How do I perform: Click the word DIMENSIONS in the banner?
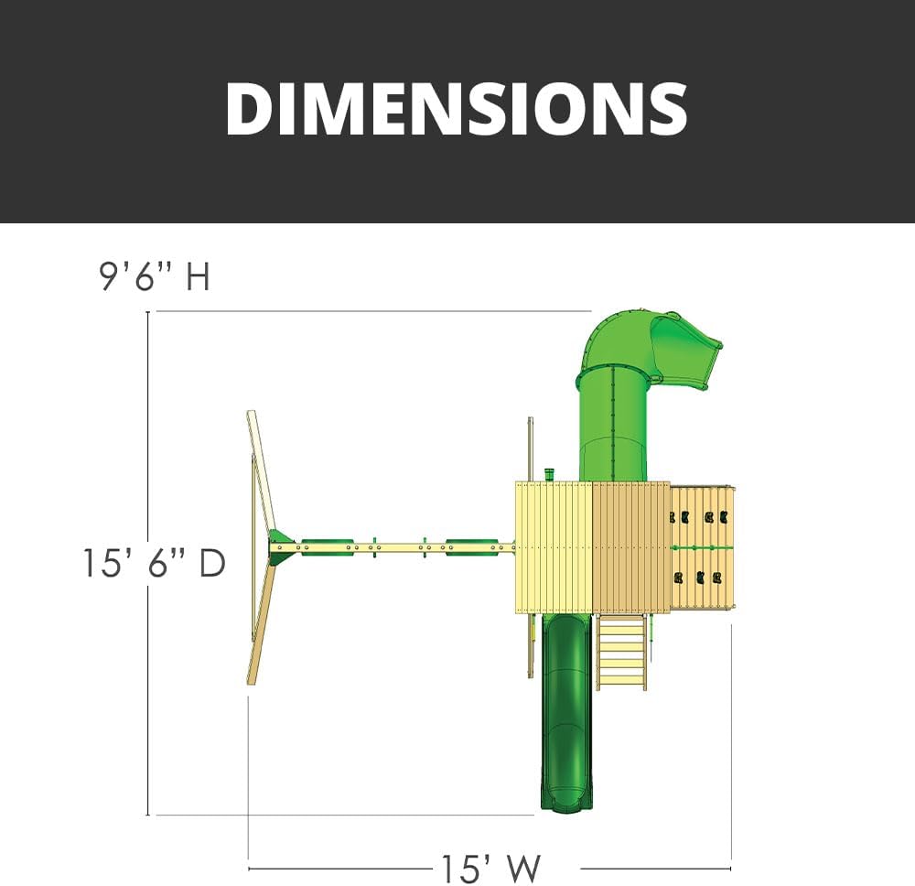coord(457,109)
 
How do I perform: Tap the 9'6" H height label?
coord(155,276)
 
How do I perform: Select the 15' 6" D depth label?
coord(154,563)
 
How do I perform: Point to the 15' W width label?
coord(490,870)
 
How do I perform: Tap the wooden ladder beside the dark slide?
coord(621,652)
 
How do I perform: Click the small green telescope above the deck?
coord(548,474)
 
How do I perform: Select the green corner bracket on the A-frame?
coord(280,547)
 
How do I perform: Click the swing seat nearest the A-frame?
coord(327,547)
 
